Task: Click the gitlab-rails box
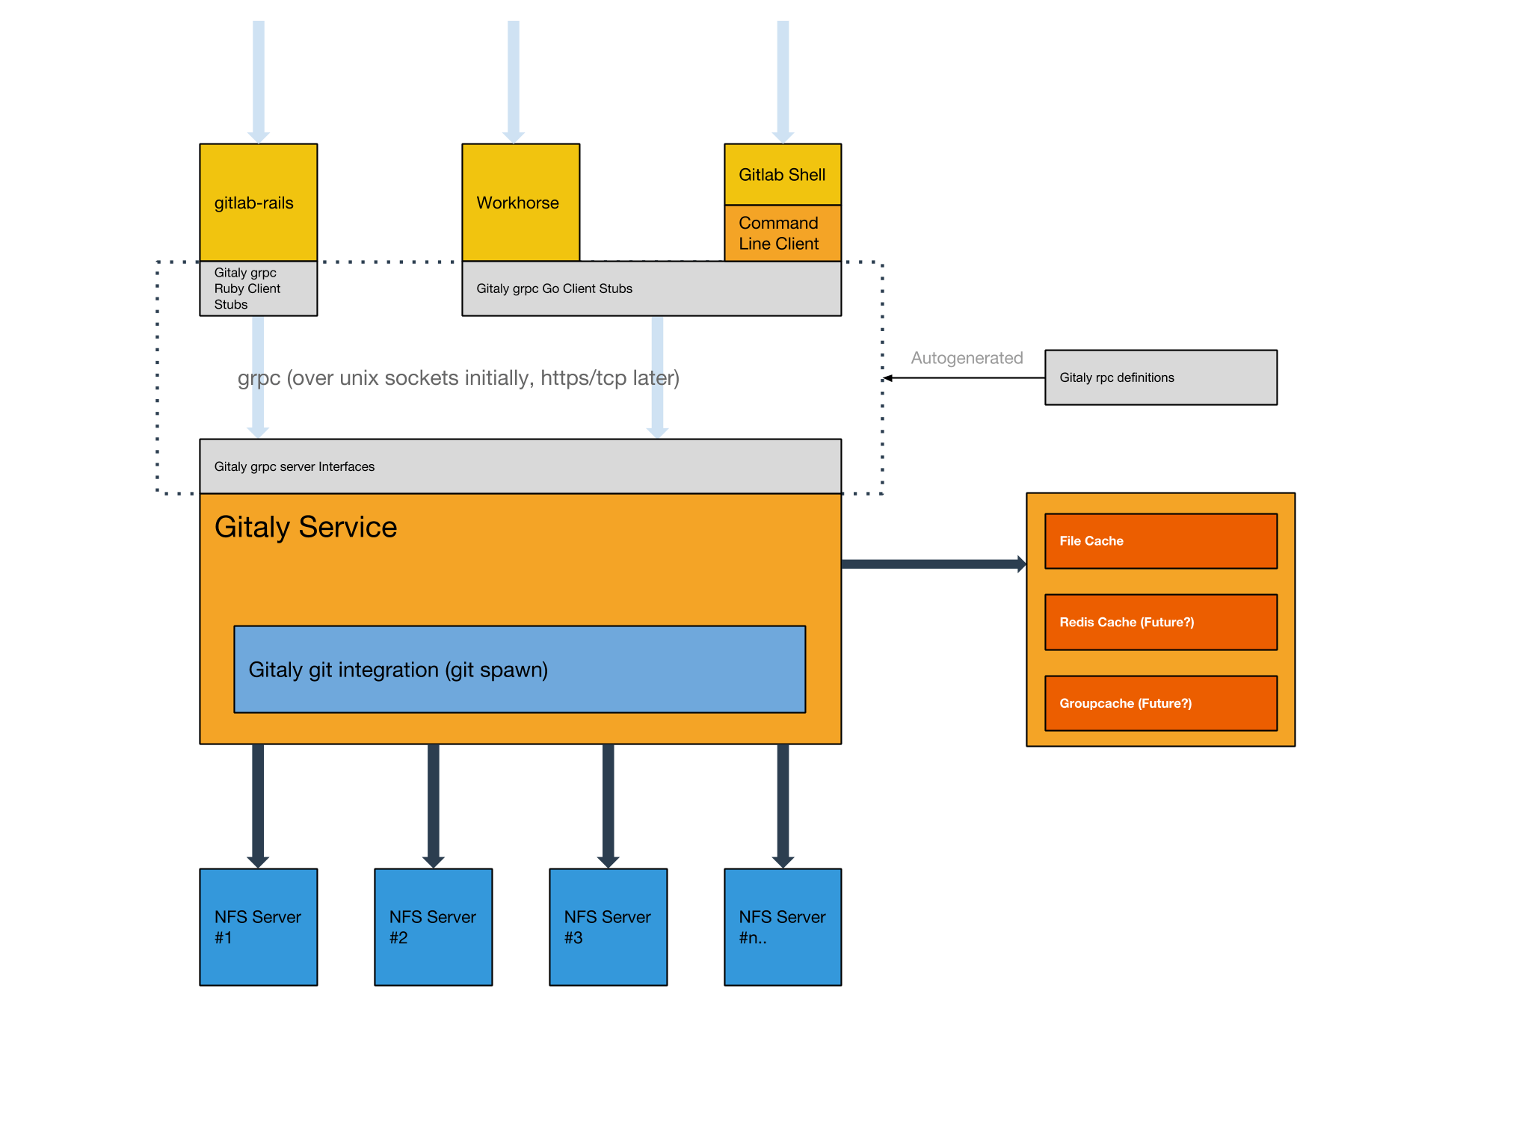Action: pyautogui.click(x=258, y=202)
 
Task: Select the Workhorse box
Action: pyautogui.click(x=520, y=202)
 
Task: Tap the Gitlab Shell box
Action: pyautogui.click(x=782, y=174)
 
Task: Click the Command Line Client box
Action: pyautogui.click(x=782, y=233)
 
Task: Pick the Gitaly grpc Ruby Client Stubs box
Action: pyautogui.click(x=258, y=288)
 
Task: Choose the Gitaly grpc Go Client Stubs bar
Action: pyautogui.click(x=650, y=288)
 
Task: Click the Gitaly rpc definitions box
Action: pyautogui.click(x=1160, y=377)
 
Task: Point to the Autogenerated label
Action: pyautogui.click(x=966, y=358)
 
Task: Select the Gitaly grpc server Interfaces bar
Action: pyautogui.click(x=520, y=466)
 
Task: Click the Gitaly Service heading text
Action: pyautogui.click(x=306, y=527)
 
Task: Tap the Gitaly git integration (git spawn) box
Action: pyautogui.click(x=520, y=669)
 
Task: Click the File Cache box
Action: pyautogui.click(x=1160, y=540)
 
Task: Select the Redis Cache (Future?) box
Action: pyautogui.click(x=1160, y=622)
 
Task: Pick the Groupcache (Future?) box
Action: pyautogui.click(x=1160, y=703)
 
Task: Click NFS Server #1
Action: pyautogui.click(x=258, y=927)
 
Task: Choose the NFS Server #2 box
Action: pyautogui.click(x=433, y=927)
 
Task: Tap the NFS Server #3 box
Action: pyautogui.click(x=608, y=927)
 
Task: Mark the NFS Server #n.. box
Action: pyautogui.click(x=782, y=927)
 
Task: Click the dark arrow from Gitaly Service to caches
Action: pyautogui.click(x=933, y=564)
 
